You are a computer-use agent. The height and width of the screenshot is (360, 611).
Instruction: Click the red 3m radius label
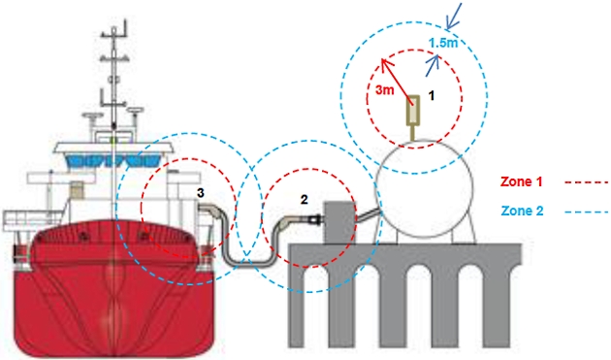[x=384, y=89]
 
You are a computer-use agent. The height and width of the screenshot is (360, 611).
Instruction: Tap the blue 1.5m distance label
[x=442, y=43]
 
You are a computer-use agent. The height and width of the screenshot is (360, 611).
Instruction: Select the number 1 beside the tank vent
[x=434, y=96]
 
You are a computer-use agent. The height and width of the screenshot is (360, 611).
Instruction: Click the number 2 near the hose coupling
[x=305, y=200]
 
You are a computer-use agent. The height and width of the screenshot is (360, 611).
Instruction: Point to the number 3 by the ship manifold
[x=200, y=194]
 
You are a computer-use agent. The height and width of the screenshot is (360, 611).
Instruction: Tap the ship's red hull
[x=107, y=291]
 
